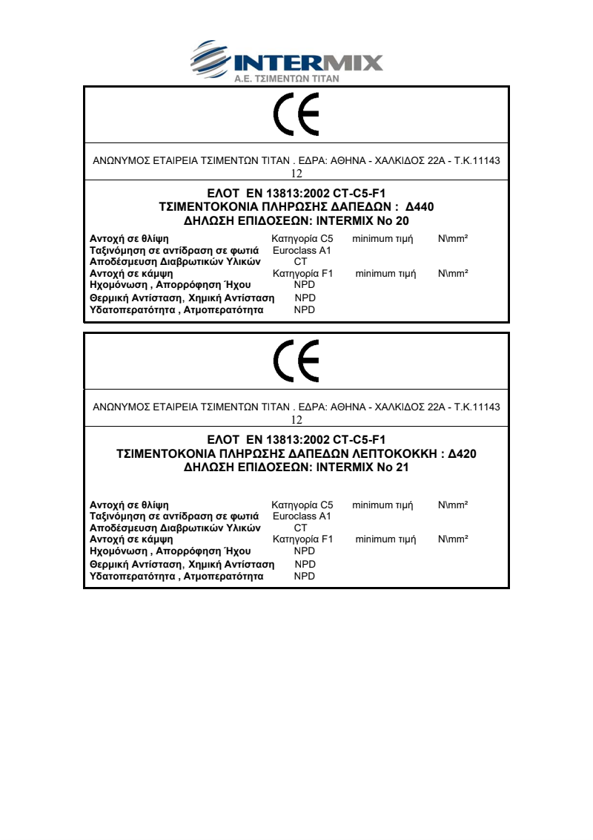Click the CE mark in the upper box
[x=296, y=115]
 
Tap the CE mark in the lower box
[x=296, y=361]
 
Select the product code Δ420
[x=463, y=453]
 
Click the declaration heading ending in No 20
[x=296, y=220]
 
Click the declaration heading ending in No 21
[x=296, y=467]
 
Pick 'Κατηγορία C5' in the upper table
[x=302, y=239]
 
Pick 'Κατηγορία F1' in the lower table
[x=303, y=539]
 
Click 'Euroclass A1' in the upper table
[x=302, y=251]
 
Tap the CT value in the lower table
[x=300, y=528]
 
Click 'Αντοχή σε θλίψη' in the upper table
[x=129, y=239]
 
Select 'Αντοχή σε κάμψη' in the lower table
[x=131, y=539]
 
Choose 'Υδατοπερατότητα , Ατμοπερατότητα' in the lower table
[x=176, y=576]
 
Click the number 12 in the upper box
[x=296, y=174]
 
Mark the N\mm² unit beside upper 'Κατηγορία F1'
[x=453, y=274]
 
